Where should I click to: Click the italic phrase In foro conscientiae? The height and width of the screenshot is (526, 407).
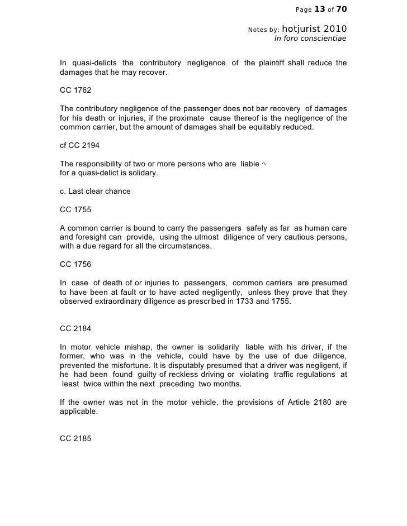tap(310, 39)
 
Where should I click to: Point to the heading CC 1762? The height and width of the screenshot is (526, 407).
tap(75, 90)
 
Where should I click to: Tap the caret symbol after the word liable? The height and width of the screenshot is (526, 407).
tap(263, 164)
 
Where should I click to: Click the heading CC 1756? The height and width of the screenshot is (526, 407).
tap(75, 264)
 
